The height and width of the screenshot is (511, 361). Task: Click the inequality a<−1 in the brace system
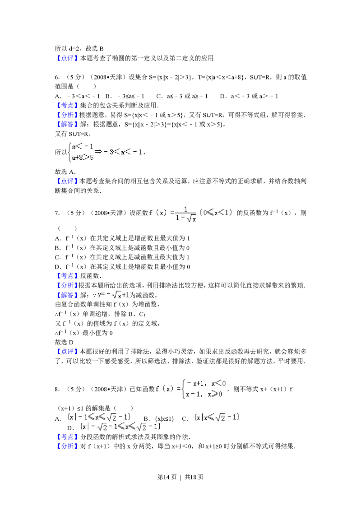tap(83, 146)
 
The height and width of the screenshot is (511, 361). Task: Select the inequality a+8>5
tap(83, 158)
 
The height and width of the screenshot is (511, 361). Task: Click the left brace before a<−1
tap(69, 152)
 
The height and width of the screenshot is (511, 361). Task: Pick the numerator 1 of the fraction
tap(186, 209)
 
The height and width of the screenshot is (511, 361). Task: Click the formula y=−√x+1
tap(113, 295)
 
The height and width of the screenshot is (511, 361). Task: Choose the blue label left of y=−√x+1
tap(67, 295)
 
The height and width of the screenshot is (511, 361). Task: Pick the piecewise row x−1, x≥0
tap(204, 394)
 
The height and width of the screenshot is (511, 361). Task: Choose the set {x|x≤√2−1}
tap(217, 417)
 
